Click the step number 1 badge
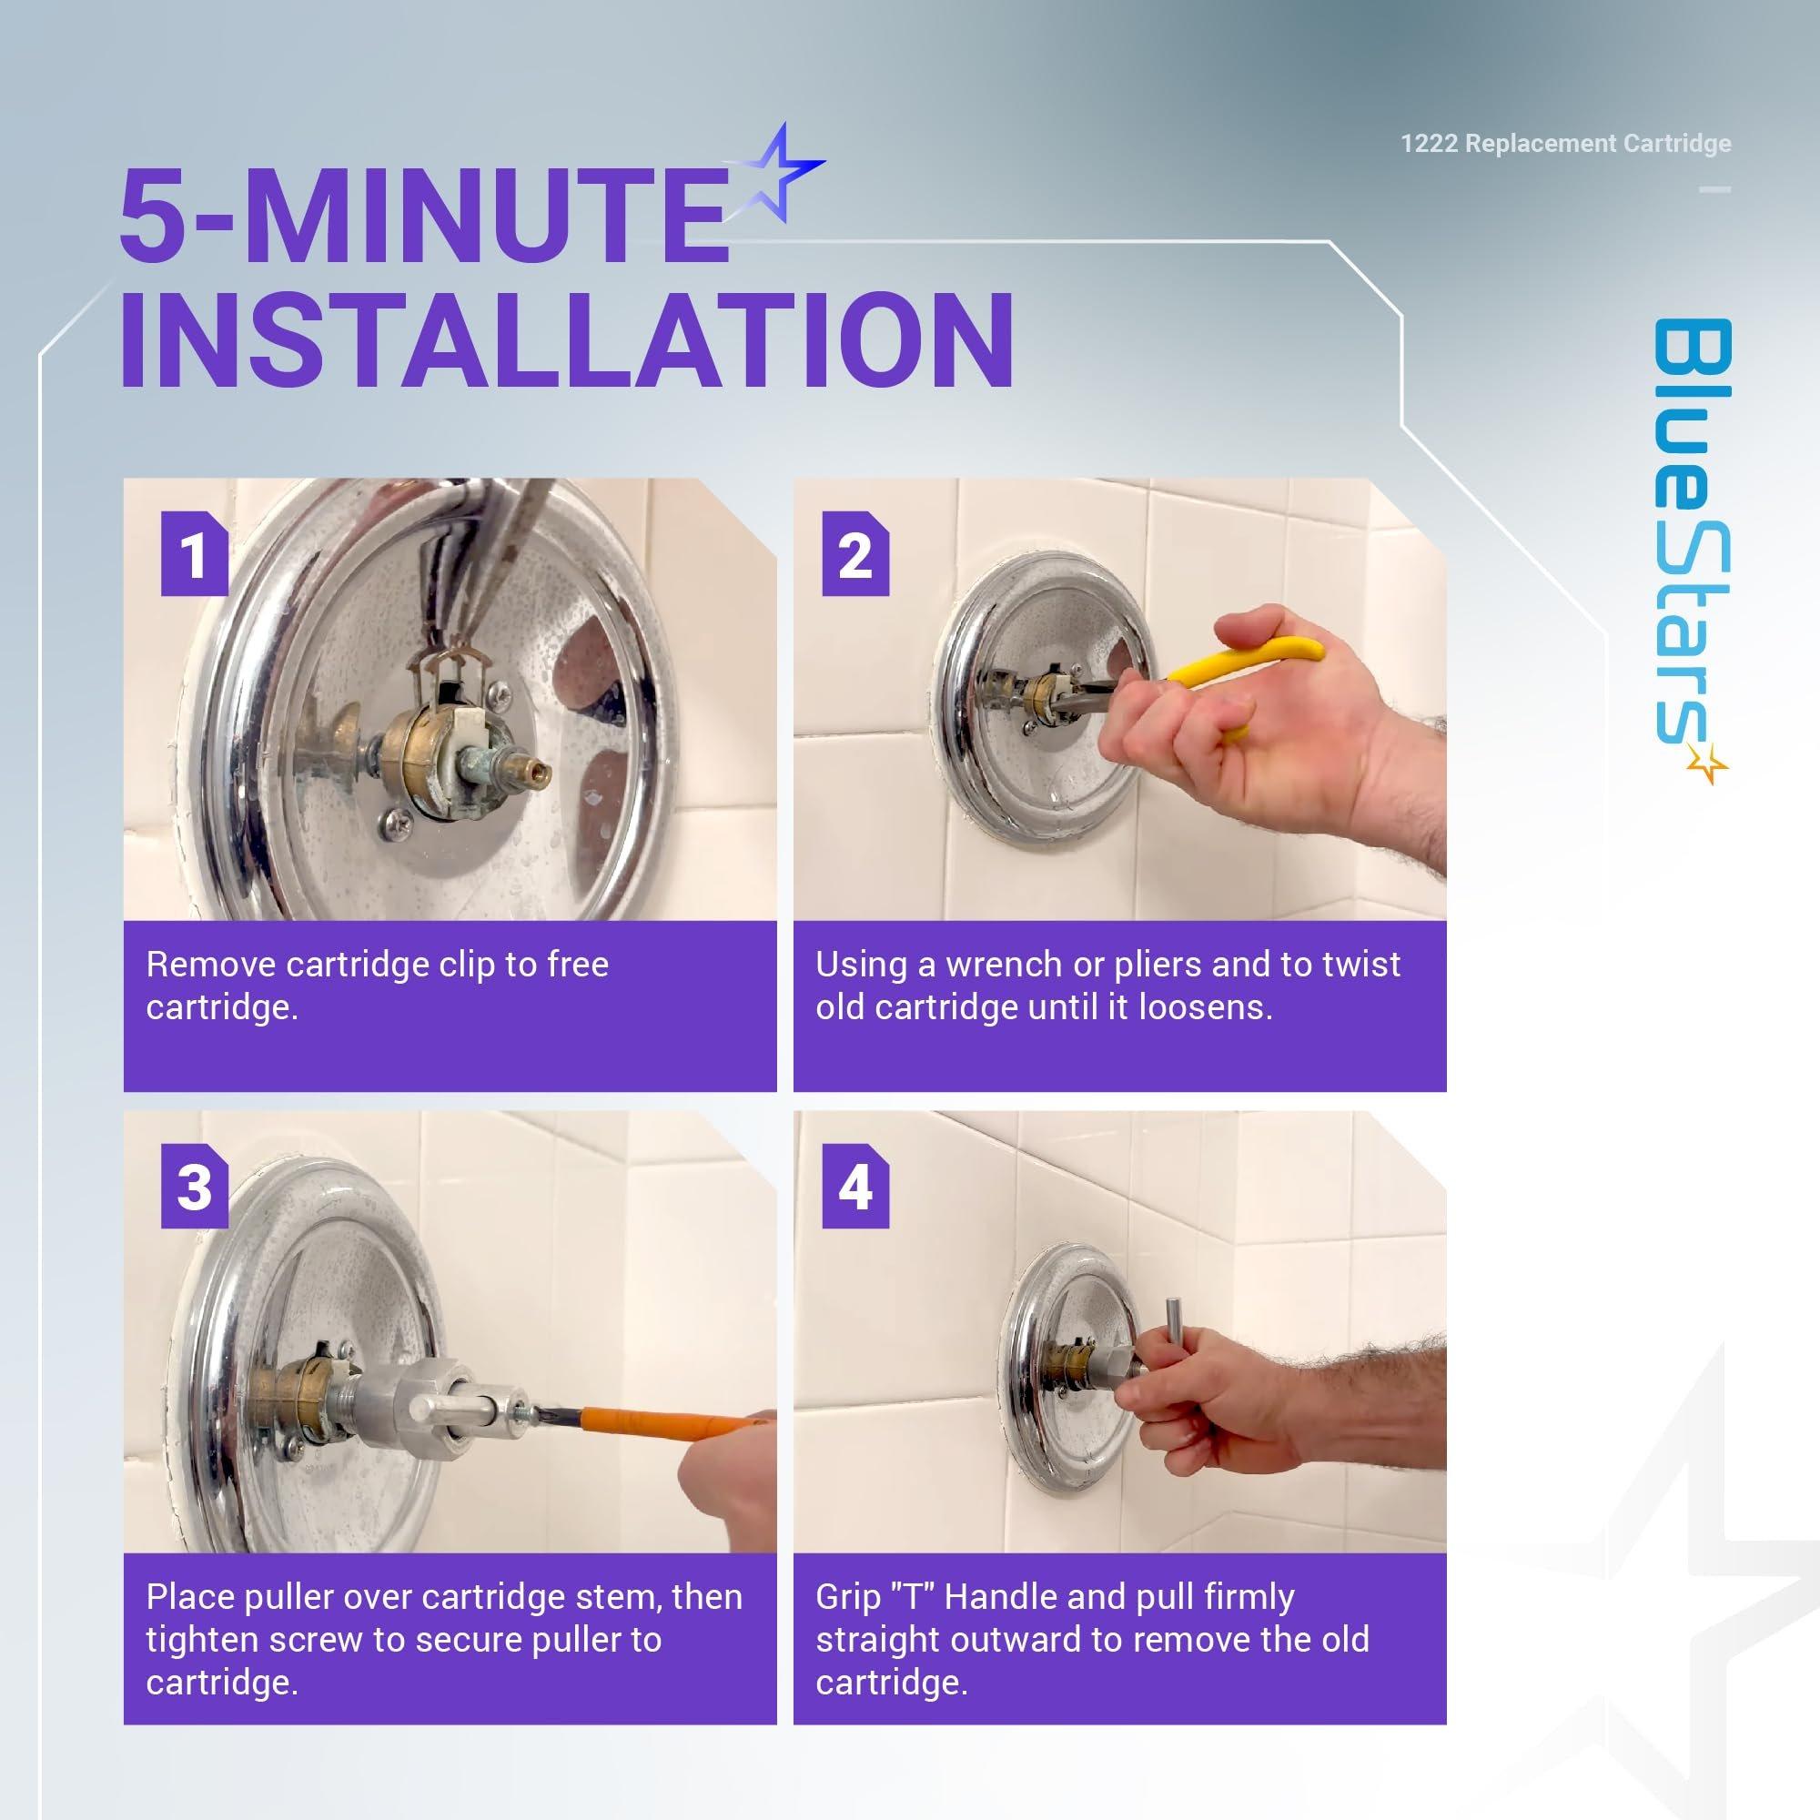point(194,554)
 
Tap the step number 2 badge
point(855,554)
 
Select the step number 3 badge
point(194,1186)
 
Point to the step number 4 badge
point(855,1186)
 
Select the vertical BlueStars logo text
point(1692,532)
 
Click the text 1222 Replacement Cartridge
point(1565,143)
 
